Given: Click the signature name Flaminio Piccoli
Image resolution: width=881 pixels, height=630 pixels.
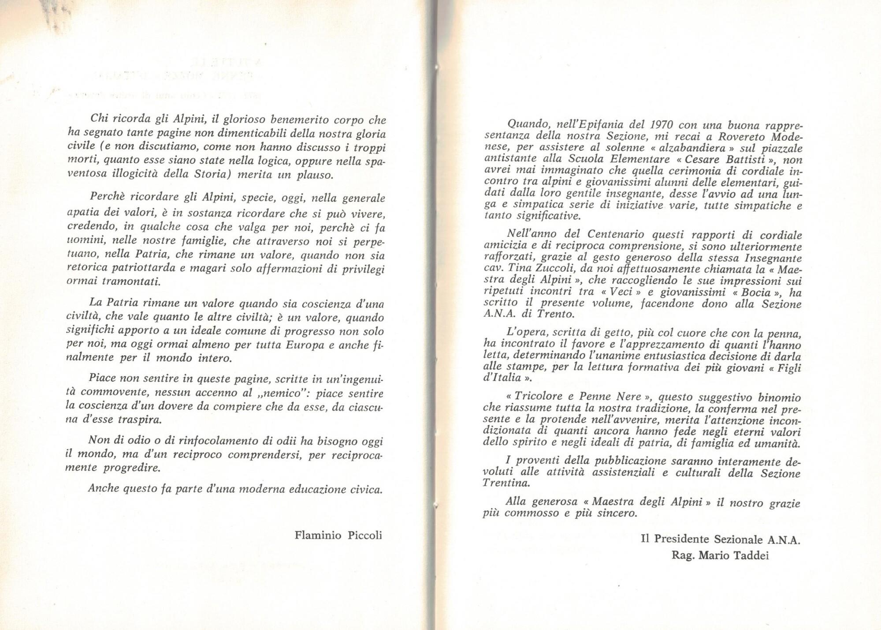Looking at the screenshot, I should [x=338, y=536].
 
